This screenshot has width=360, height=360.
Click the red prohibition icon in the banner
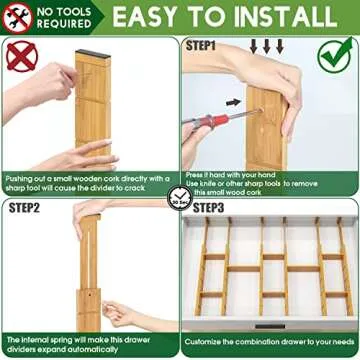20,17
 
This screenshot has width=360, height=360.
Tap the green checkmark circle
335,54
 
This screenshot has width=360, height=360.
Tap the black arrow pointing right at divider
233,101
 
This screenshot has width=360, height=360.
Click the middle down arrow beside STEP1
266,47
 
